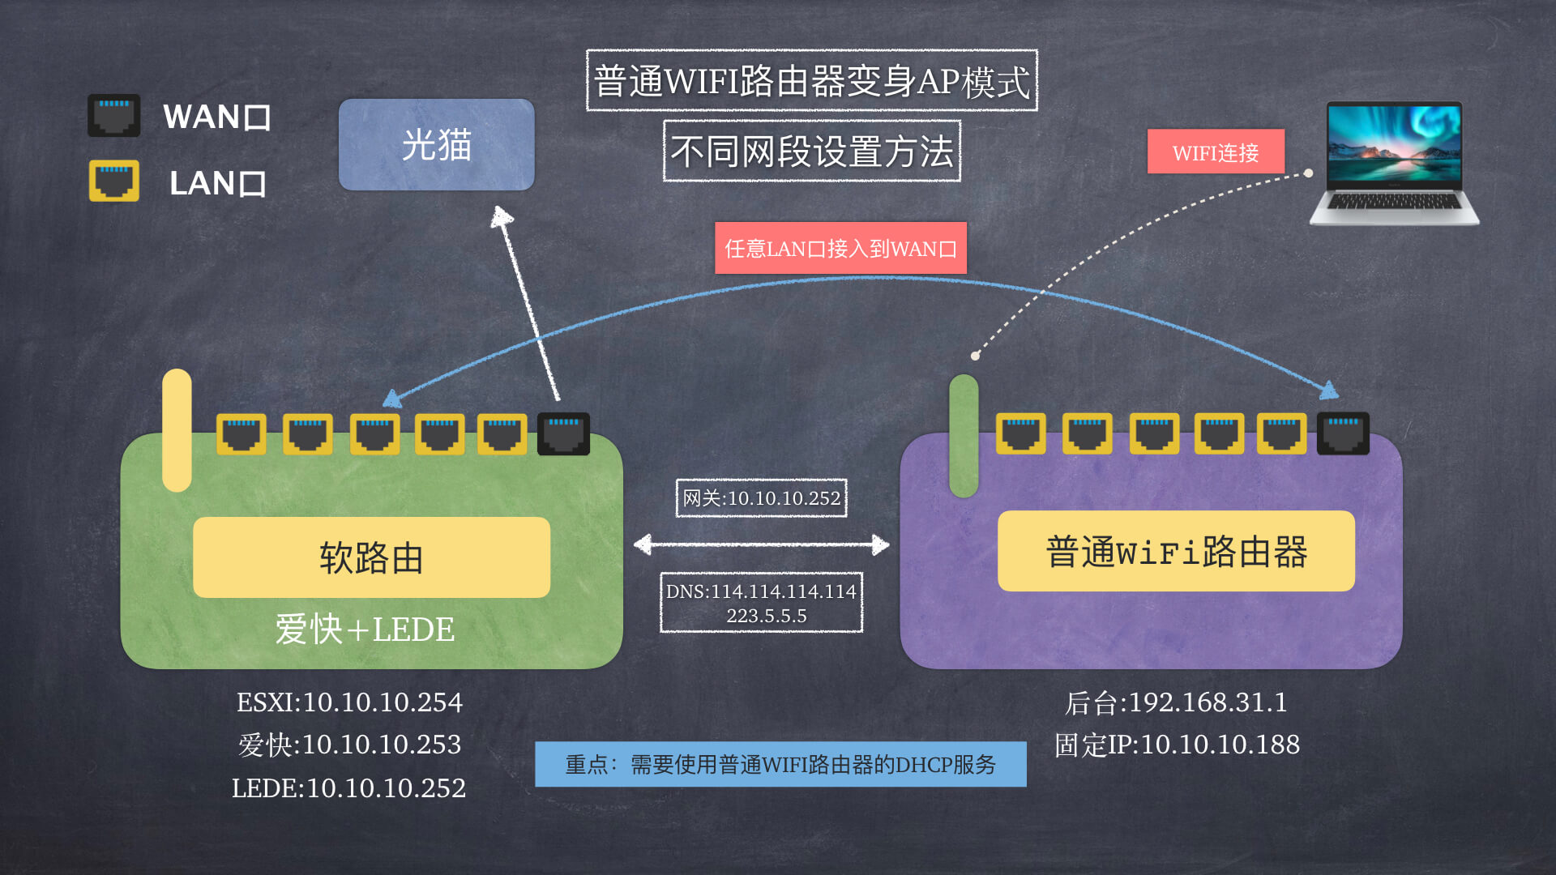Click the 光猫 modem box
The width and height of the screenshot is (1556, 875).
point(436,145)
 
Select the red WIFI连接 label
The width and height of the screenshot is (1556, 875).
point(1215,152)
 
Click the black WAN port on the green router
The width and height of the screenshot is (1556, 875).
point(563,433)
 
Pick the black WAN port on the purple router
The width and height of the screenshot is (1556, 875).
point(1343,433)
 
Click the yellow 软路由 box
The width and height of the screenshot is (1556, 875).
point(371,557)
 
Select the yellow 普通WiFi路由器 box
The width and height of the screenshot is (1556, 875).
point(1176,552)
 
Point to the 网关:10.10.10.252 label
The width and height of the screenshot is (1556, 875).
point(761,498)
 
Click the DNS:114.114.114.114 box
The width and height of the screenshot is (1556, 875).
point(761,603)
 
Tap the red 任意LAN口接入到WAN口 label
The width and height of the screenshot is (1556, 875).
point(840,248)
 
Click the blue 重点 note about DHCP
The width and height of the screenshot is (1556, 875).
point(780,764)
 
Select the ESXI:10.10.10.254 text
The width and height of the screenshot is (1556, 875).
point(349,702)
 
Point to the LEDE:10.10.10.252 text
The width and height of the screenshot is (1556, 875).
point(349,787)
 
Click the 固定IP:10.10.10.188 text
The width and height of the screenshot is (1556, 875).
point(1177,745)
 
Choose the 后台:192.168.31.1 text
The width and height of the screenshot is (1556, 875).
point(1176,702)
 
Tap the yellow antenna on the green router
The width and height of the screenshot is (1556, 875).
point(177,429)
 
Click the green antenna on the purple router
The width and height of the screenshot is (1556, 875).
point(964,435)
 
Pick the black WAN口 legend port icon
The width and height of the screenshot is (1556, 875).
point(113,116)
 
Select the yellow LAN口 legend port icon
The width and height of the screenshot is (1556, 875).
point(113,181)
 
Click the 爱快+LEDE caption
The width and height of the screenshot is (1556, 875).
point(365,630)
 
